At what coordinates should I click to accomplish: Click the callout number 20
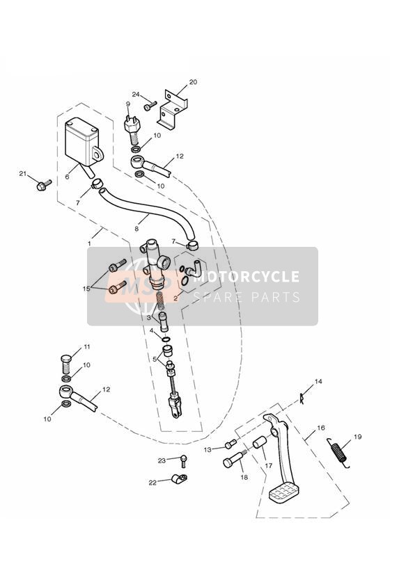(x=193, y=82)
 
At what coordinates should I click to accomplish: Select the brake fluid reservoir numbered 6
(x=84, y=142)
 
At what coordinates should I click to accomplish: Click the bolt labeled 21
(x=44, y=185)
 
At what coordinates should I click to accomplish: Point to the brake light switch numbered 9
(x=132, y=129)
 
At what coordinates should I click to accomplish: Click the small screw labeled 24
(x=150, y=106)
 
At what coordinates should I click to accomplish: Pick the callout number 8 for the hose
(x=136, y=229)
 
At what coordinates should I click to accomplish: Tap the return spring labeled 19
(x=339, y=452)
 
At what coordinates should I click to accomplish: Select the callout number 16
(x=321, y=428)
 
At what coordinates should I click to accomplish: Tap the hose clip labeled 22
(x=179, y=478)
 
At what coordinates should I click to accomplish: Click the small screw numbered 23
(x=183, y=462)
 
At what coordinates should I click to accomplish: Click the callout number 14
(x=318, y=382)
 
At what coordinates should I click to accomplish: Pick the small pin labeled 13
(x=230, y=444)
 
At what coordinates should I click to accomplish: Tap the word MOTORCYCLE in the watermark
(x=246, y=276)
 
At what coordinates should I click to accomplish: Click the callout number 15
(x=86, y=289)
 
